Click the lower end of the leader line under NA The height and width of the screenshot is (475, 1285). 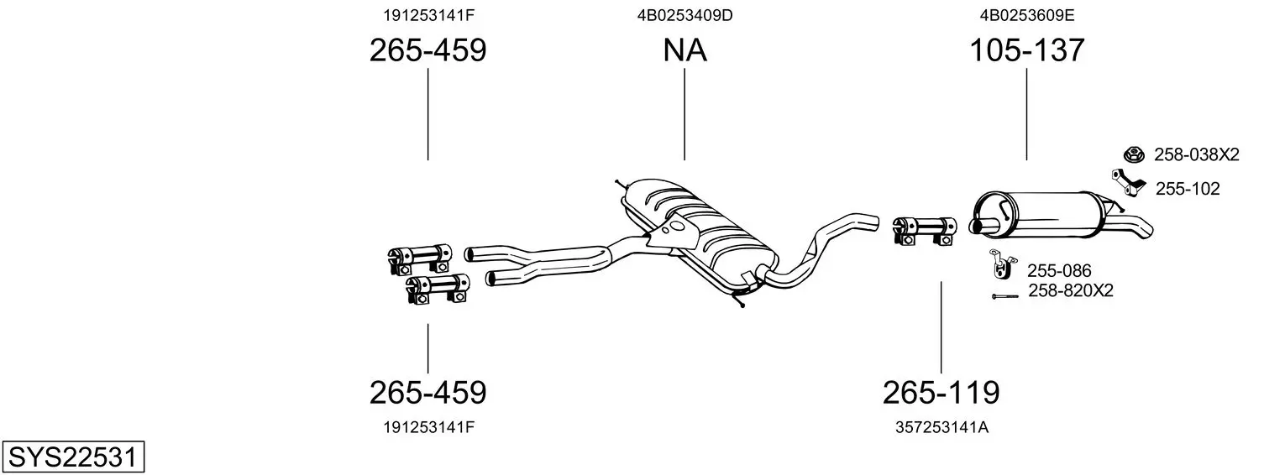point(684,159)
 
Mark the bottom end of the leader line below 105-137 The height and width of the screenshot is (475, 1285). point(1026,159)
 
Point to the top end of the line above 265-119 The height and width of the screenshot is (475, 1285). point(941,281)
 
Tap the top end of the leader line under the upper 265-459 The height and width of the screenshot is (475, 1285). point(428,69)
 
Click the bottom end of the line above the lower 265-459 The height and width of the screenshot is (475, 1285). point(428,373)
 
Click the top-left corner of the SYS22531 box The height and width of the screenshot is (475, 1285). point(3,441)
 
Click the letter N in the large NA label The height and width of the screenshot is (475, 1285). point(674,50)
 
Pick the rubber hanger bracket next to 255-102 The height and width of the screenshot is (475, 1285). point(1128,183)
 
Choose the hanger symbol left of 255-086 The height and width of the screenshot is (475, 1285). point(1002,264)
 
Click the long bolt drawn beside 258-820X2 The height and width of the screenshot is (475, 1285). point(1004,296)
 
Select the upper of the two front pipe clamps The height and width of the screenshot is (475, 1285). point(419,259)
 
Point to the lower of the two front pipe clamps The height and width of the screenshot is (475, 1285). point(438,289)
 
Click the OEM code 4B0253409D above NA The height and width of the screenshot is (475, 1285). point(684,15)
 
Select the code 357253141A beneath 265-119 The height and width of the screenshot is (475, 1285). point(941,427)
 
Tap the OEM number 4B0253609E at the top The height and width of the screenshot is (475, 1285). point(1027,15)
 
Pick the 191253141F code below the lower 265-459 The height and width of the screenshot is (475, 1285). point(428,427)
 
